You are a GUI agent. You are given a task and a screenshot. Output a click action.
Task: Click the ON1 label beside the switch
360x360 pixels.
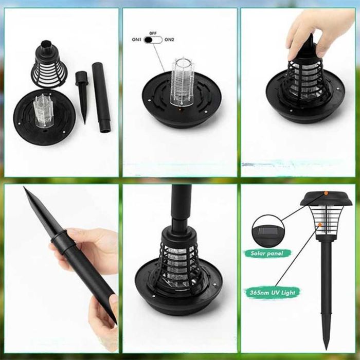pos(136,40)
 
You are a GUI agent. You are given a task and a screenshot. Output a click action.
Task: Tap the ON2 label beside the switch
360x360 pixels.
pos(169,40)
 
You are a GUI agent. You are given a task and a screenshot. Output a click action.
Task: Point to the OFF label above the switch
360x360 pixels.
pos(153,33)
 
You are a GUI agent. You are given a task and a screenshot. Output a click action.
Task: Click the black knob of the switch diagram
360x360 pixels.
pos(148,40)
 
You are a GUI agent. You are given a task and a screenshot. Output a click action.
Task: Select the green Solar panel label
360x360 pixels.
pos(267,254)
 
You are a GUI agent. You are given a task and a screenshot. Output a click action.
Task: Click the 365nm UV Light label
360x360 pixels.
pos(272,293)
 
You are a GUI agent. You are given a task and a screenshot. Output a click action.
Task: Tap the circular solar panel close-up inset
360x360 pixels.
pos(268,231)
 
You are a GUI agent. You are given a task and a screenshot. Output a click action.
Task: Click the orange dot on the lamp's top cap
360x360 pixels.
pos(326,193)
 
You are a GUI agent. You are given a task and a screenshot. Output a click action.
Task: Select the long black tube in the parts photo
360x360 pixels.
pos(101,97)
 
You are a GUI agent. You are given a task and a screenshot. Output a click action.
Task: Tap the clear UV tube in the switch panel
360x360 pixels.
pos(182,82)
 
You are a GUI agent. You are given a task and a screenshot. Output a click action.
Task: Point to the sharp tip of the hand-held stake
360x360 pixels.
pos(24,188)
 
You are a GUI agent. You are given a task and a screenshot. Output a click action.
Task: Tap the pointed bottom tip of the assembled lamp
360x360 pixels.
pos(327,349)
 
